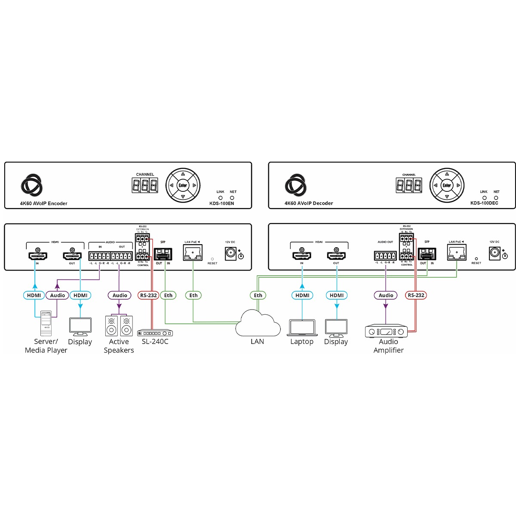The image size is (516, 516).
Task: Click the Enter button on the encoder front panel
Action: pos(183,186)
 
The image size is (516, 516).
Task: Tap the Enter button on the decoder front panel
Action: pos(447,186)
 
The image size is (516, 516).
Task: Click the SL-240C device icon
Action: pos(155,333)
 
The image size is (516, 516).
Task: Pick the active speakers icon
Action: pos(119,326)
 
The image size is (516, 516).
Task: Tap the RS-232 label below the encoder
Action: pos(148,295)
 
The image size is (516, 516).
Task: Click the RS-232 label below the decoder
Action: pos(416,295)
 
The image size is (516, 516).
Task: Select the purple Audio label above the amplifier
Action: pos(386,295)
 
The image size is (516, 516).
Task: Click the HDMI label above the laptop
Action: pos(302,295)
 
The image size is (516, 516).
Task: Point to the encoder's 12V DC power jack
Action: pos(231,254)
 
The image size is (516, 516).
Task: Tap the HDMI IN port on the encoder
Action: pos(37,256)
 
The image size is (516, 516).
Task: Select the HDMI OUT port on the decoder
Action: pos(336,256)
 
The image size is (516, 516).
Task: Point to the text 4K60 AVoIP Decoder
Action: pos(308,203)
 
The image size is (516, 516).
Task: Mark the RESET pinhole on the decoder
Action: pos(476,259)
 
